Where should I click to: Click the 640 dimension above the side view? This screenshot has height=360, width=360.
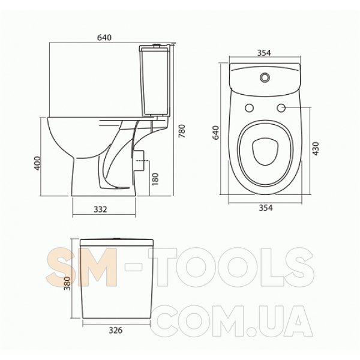tap(104, 37)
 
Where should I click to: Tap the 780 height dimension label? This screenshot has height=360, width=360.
tap(182, 131)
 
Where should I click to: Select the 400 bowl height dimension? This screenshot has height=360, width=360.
tap(37, 163)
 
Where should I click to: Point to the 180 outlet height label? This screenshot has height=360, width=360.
tap(155, 179)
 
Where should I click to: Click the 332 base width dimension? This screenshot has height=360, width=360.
tap(101, 209)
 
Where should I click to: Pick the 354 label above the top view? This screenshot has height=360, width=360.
tap(264, 53)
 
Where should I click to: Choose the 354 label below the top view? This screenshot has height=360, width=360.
tap(266, 208)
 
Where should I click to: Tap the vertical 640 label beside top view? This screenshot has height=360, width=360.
tap(216, 133)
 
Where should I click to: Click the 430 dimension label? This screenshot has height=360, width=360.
tap(316, 149)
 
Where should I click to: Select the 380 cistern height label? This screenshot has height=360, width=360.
tap(67, 283)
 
